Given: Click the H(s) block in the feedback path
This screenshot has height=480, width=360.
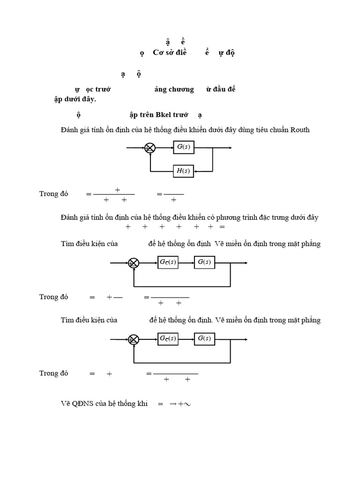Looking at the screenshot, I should pyautogui.click(x=183, y=171).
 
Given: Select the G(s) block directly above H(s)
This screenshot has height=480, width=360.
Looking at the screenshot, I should pyautogui.click(x=183, y=148).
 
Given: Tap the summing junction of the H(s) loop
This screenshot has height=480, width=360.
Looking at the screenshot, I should pyautogui.click(x=150, y=148).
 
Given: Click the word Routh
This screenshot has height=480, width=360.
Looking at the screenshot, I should pyautogui.click(x=300, y=130).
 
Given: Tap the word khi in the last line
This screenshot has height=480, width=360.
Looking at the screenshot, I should pyautogui.click(x=143, y=404).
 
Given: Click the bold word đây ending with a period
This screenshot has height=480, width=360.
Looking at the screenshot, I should pyautogui.click(x=88, y=99).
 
